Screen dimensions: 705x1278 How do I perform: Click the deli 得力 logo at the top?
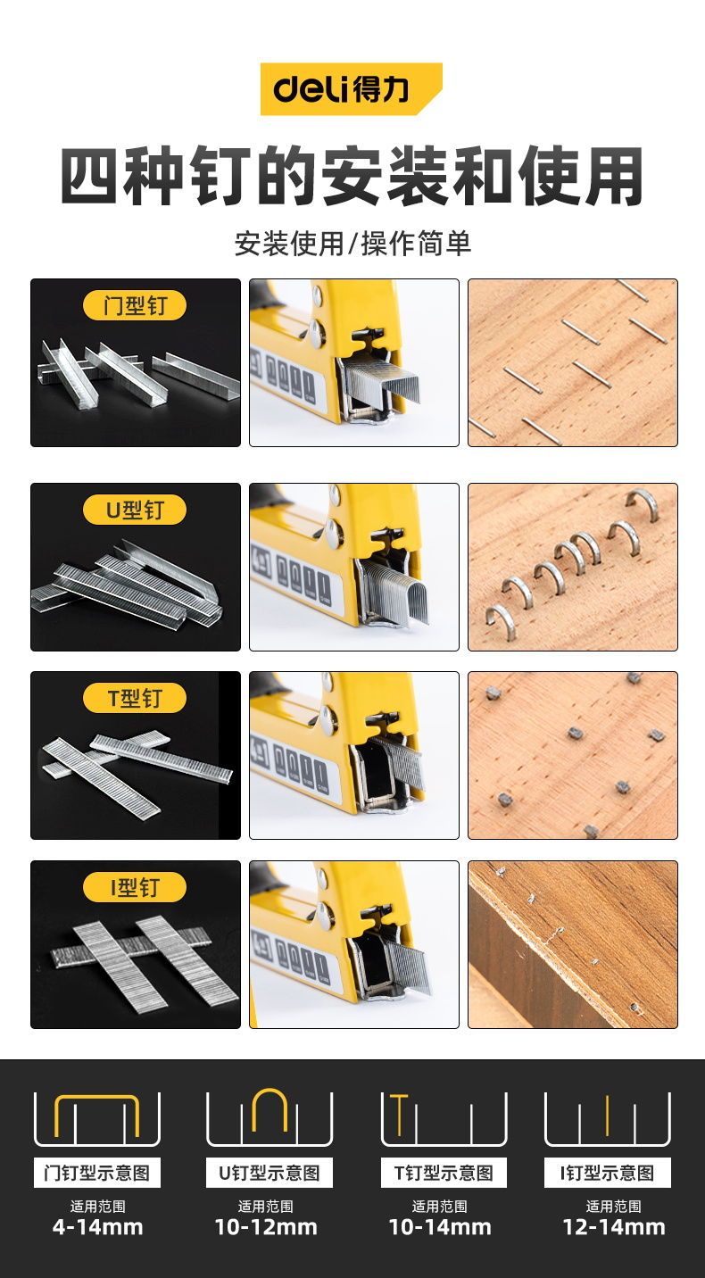click(351, 89)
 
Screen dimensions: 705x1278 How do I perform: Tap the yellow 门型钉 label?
click(135, 306)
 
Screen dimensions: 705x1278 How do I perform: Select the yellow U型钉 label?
click(135, 510)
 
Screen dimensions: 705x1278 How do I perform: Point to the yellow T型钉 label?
click(135, 698)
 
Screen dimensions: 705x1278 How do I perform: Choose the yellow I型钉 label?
click(135, 887)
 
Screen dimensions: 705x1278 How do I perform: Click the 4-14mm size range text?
click(97, 1226)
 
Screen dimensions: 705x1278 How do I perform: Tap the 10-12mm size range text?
click(266, 1226)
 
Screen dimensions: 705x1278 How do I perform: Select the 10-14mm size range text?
click(440, 1226)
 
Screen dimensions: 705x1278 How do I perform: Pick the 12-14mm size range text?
click(614, 1226)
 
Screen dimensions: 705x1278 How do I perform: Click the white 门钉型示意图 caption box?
click(97, 1173)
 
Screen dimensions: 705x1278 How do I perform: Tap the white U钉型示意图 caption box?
click(270, 1173)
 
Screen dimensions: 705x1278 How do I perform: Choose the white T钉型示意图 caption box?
click(444, 1173)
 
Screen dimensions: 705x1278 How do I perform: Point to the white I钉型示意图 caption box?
click(608, 1173)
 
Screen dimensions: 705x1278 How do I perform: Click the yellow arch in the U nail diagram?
click(270, 1092)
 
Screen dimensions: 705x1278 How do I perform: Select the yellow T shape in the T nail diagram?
click(400, 1114)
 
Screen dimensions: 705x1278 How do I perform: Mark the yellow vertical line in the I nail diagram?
click(608, 1114)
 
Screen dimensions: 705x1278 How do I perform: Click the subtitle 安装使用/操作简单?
click(352, 244)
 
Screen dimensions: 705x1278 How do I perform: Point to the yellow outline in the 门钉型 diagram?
click(97, 1097)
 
